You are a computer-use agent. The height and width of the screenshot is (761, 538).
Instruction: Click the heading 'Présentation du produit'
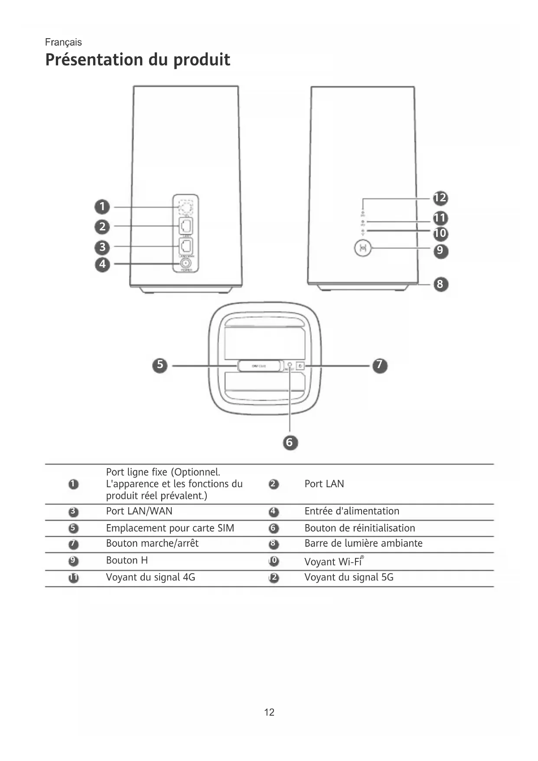[137, 60]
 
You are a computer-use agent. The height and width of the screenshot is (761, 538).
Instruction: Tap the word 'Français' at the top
[63, 42]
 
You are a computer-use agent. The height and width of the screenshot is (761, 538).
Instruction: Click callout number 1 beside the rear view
[102, 207]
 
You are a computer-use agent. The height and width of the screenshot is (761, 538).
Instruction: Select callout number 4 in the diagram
[102, 264]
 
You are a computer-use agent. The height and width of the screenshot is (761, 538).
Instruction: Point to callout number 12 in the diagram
[440, 198]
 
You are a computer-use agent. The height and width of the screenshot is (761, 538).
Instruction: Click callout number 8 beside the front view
[440, 284]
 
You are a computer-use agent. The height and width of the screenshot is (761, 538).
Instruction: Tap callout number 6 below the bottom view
[290, 443]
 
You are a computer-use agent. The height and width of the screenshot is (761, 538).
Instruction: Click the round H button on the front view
[363, 249]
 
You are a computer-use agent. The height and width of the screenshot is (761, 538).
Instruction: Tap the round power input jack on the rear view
[186, 263]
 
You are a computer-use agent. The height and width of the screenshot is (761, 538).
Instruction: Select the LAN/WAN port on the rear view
[186, 246]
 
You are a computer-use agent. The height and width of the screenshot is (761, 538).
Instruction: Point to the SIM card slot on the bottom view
[259, 366]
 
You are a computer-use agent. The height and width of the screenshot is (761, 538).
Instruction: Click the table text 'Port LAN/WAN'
[139, 511]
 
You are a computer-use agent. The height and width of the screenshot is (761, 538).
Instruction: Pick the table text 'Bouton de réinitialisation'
[359, 528]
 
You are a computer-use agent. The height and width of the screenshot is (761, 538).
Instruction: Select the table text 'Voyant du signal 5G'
[349, 577]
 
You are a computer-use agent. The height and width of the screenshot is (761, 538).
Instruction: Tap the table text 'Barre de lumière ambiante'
[363, 543]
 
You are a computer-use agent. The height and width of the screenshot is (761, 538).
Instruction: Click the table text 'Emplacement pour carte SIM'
[170, 528]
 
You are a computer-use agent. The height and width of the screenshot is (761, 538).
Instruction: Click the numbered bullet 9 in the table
[74, 561]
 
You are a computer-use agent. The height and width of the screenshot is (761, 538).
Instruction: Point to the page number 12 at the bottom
[269, 712]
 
